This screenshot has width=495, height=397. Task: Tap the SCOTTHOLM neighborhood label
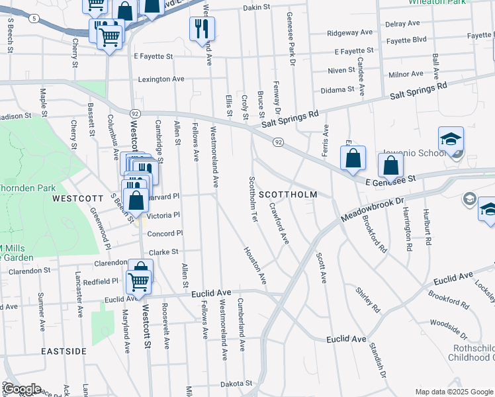[x=288, y=195]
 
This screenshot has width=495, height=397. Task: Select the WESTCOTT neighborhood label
[x=78, y=198]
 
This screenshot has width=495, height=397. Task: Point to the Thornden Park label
[x=28, y=188]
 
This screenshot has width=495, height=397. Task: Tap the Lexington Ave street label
[x=161, y=79]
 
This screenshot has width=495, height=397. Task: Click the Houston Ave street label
[x=255, y=265]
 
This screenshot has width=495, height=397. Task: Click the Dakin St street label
[x=257, y=7]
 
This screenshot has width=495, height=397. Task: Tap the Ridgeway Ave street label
[x=350, y=32]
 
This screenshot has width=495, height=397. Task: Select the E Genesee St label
[x=388, y=179]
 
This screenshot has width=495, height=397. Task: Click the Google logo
[x=22, y=389]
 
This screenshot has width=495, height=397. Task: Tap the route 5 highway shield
[x=34, y=19]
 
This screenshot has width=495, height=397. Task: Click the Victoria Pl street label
[x=163, y=215]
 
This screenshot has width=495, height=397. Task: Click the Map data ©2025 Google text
[x=453, y=392]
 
